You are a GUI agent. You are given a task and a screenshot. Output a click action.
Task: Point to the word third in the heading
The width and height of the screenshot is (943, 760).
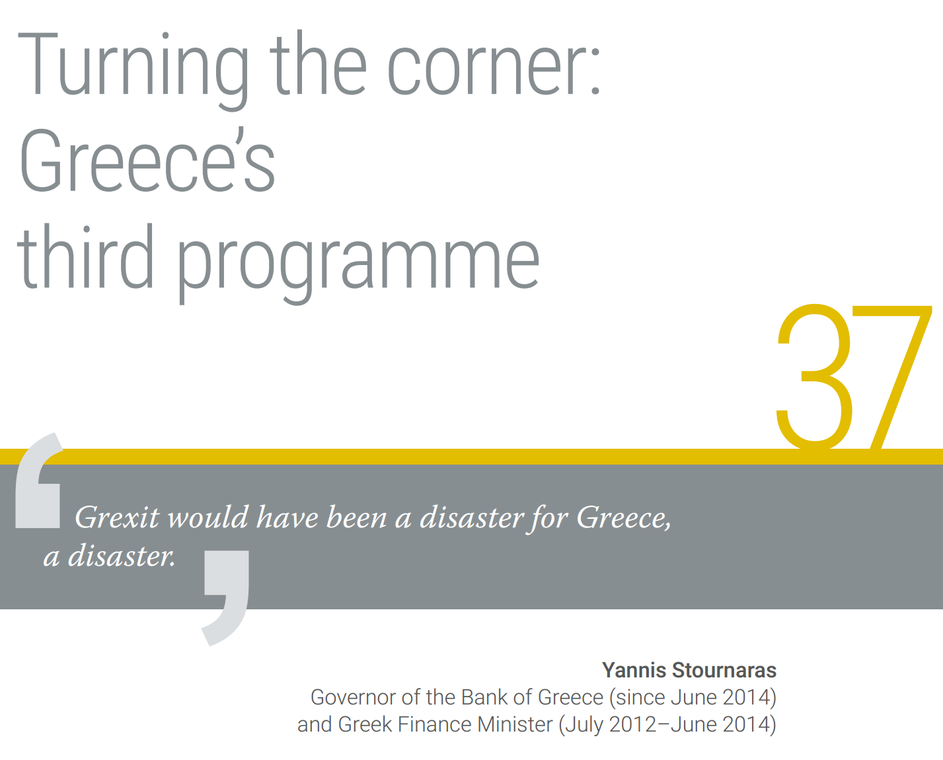point(85,256)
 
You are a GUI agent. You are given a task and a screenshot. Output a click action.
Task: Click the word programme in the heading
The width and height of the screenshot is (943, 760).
point(358,263)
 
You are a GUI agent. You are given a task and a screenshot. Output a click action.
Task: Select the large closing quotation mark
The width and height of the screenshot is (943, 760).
point(226,598)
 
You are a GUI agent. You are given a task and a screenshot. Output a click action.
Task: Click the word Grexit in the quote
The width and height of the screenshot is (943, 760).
point(117,517)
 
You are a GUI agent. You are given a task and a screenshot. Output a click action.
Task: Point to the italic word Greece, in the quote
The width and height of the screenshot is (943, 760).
point(624,519)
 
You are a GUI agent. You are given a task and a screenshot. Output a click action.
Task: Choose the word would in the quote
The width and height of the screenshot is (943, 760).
point(209,517)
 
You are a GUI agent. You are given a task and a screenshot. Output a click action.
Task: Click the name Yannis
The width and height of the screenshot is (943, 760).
point(634,670)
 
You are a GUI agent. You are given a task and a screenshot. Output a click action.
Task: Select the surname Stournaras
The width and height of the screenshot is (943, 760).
point(724,670)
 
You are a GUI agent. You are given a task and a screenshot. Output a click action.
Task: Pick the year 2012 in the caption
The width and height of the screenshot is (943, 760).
point(632,724)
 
